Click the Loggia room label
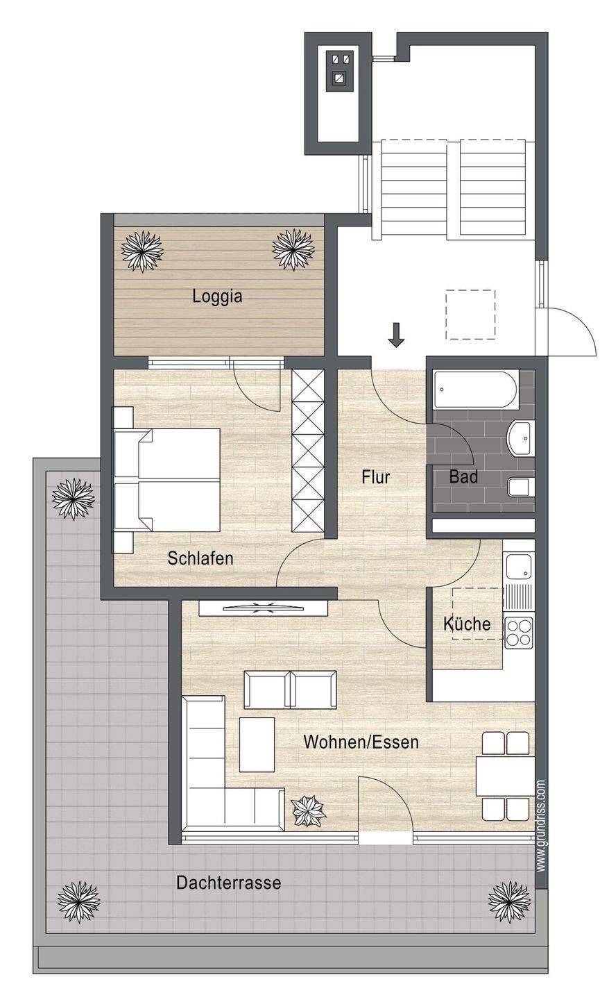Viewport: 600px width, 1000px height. click(217, 296)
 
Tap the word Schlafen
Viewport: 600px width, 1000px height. click(200, 558)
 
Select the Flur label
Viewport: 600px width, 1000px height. click(375, 477)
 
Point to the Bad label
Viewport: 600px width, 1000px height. click(463, 477)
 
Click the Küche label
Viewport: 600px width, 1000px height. click(467, 623)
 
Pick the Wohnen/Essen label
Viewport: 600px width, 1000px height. click(361, 742)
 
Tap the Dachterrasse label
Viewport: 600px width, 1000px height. click(229, 883)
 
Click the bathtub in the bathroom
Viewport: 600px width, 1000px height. click(477, 390)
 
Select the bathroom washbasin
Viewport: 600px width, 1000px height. click(520, 438)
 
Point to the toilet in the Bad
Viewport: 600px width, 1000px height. click(521, 487)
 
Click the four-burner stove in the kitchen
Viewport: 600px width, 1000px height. click(519, 632)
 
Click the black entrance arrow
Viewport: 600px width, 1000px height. click(396, 335)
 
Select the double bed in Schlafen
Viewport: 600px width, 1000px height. click(167, 480)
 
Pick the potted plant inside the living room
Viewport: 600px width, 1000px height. click(308, 810)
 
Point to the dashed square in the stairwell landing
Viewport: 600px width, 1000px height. click(470, 315)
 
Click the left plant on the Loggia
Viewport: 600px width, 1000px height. click(142, 250)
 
